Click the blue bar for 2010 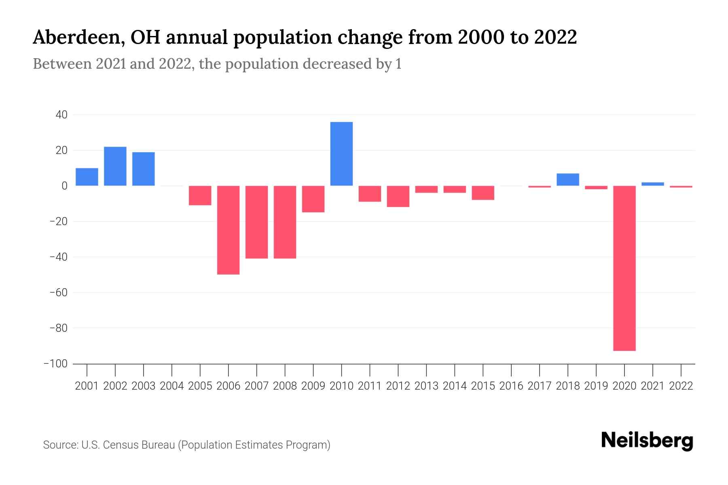(x=341, y=154)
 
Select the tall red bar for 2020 (x=624, y=268)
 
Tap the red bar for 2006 (x=228, y=230)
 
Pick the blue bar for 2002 (x=115, y=166)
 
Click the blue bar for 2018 (x=568, y=179)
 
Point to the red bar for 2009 (x=313, y=199)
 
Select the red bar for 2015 (x=483, y=193)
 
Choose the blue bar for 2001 (x=87, y=177)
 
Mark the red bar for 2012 (x=398, y=196)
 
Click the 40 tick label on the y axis (x=61, y=115)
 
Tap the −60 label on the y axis (x=58, y=293)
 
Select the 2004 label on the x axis (x=172, y=386)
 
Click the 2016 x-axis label (x=511, y=386)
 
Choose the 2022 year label (x=681, y=386)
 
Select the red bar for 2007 (x=256, y=222)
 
